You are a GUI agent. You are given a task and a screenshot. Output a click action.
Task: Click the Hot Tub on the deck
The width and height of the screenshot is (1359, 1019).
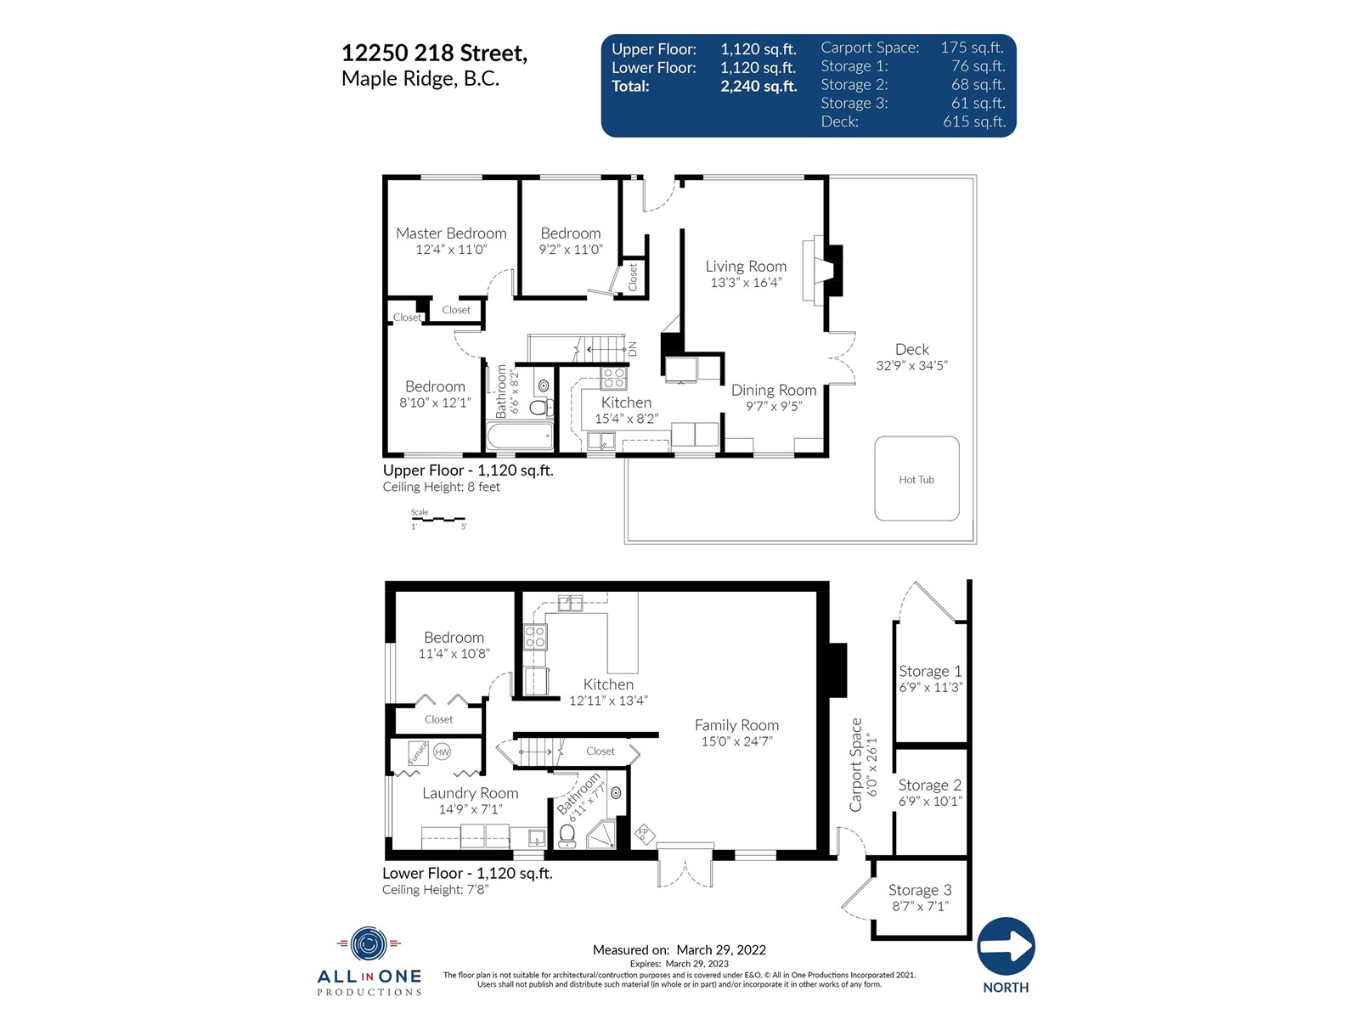916,478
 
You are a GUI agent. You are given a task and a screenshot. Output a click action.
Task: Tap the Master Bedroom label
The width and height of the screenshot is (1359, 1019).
451,234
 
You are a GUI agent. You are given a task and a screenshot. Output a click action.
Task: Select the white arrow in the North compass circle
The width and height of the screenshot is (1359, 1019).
1007,945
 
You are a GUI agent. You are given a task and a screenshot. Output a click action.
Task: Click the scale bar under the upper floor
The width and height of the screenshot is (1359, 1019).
437,519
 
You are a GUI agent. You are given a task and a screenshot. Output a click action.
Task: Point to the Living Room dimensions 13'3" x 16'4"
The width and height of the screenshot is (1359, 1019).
746,283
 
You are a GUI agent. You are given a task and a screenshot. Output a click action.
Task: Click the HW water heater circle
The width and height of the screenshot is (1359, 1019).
442,752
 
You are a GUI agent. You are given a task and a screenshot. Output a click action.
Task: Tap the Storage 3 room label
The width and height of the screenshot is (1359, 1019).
919,890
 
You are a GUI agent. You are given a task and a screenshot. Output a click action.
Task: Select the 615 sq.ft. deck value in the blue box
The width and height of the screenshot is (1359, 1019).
974,121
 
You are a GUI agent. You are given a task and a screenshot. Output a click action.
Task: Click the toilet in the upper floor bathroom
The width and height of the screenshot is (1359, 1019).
540,407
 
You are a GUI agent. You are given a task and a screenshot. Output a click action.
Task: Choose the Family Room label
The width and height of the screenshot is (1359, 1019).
736,725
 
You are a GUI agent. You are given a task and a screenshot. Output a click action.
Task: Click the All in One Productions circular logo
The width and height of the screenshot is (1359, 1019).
369,944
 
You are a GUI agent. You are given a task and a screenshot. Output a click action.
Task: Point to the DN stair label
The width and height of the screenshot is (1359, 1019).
632,349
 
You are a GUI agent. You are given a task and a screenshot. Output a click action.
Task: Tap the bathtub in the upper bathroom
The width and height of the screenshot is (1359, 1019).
519,436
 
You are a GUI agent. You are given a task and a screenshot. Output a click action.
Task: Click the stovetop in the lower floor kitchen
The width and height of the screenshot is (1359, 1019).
535,637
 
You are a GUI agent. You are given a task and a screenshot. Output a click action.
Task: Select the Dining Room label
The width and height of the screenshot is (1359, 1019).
773,391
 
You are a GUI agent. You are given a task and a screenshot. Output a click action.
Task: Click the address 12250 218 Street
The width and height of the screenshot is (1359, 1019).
434,53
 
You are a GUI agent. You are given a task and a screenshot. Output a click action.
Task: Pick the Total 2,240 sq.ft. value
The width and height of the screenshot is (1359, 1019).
758,86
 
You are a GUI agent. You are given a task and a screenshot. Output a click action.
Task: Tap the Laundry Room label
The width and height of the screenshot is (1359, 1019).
470,793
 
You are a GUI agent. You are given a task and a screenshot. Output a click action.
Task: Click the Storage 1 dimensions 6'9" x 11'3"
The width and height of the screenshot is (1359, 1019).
930,687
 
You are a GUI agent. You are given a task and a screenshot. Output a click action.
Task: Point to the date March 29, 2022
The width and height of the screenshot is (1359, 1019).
720,949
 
